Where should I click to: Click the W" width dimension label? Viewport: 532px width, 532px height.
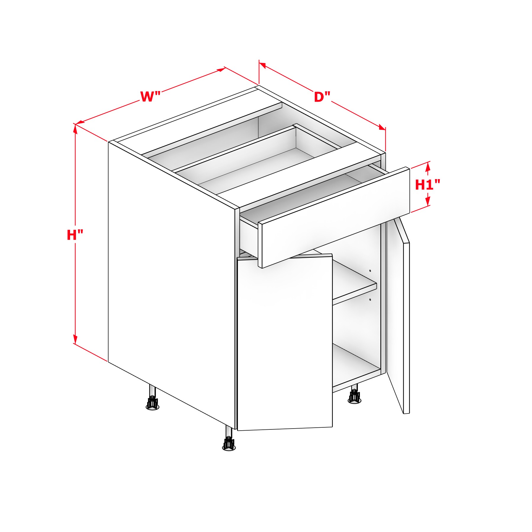[x=150, y=97]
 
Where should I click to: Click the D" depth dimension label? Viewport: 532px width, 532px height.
[x=322, y=97]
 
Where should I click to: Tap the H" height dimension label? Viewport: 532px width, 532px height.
[x=75, y=235]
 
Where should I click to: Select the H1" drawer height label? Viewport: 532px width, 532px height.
[x=428, y=185]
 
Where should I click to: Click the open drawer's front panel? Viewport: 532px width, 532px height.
[x=334, y=218]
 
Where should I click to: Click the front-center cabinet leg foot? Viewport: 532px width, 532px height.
[x=229, y=446]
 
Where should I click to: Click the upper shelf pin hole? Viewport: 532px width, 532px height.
[x=370, y=271]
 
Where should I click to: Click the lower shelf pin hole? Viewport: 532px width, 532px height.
[x=370, y=300]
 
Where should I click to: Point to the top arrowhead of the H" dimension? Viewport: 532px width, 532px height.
[x=75, y=129]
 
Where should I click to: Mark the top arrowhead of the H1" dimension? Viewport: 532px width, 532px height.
[x=428, y=167]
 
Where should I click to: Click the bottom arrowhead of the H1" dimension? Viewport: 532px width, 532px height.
[x=428, y=201]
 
